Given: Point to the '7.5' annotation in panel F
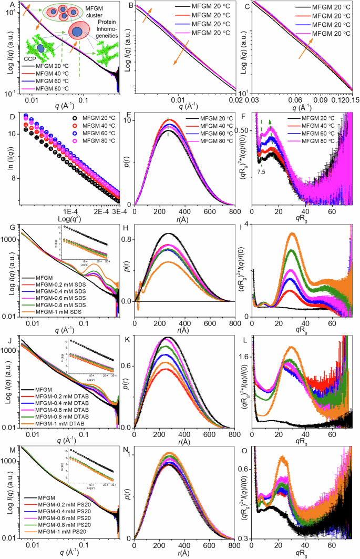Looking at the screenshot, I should pos(262,171).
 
